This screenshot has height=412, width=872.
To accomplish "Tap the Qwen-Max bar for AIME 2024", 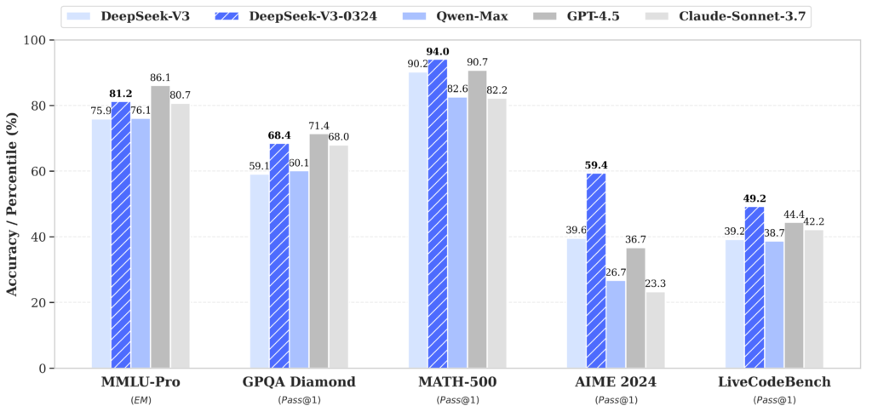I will pyautogui.click(x=616, y=324).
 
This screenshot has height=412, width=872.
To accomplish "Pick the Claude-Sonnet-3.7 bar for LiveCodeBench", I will pyautogui.click(x=813, y=299).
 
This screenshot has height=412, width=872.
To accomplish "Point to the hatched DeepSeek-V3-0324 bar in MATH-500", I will pyautogui.click(x=438, y=214).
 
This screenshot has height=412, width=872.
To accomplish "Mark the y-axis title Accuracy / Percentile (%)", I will pyautogui.click(x=13, y=204).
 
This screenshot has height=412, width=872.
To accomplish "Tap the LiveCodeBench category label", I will pyautogui.click(x=774, y=382).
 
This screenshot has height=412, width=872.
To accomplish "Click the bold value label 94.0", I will pyautogui.click(x=438, y=51).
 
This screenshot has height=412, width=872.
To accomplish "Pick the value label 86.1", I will pyautogui.click(x=161, y=77).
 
